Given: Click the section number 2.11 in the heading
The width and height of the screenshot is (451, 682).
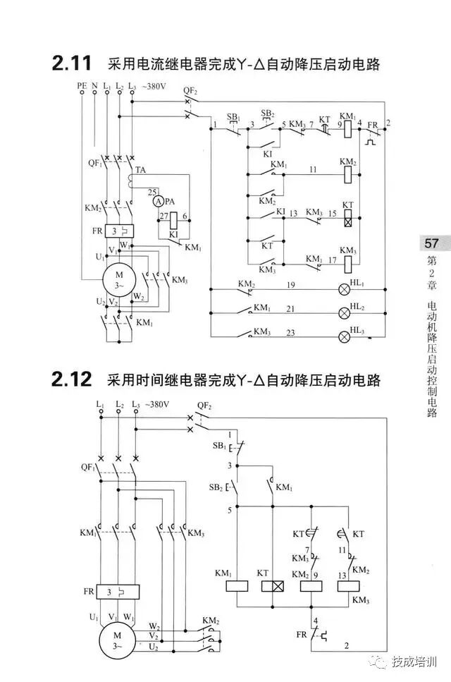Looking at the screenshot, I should (x=71, y=64).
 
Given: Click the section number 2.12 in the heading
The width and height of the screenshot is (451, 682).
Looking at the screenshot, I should (x=71, y=381).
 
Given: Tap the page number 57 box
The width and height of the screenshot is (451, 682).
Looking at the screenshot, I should (x=431, y=244).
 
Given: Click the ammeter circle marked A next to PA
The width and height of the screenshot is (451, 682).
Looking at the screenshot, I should (x=158, y=201).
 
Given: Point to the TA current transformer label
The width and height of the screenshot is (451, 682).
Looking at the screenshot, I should (x=141, y=171).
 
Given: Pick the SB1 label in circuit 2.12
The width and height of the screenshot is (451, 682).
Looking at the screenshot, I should (x=218, y=447).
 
